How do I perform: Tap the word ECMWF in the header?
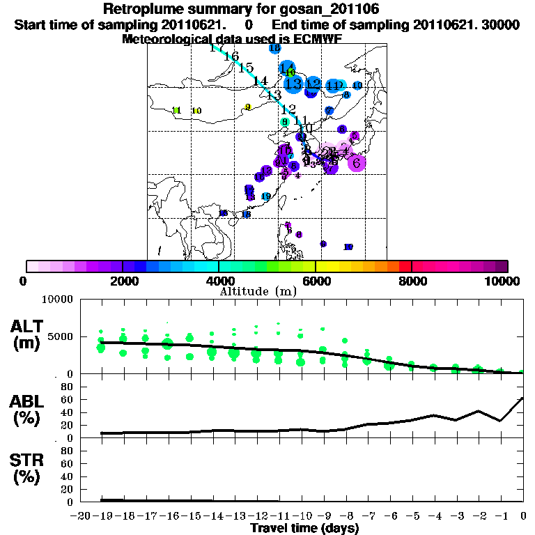(314, 39)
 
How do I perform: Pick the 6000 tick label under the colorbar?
(316, 281)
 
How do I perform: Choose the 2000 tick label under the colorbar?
(122, 281)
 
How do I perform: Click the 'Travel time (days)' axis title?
(304, 528)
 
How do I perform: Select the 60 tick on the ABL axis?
(67, 399)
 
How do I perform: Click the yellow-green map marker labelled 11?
(176, 110)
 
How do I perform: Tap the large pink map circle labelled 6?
(357, 163)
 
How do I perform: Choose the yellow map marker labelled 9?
(248, 107)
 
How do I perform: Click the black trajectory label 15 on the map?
(245, 68)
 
